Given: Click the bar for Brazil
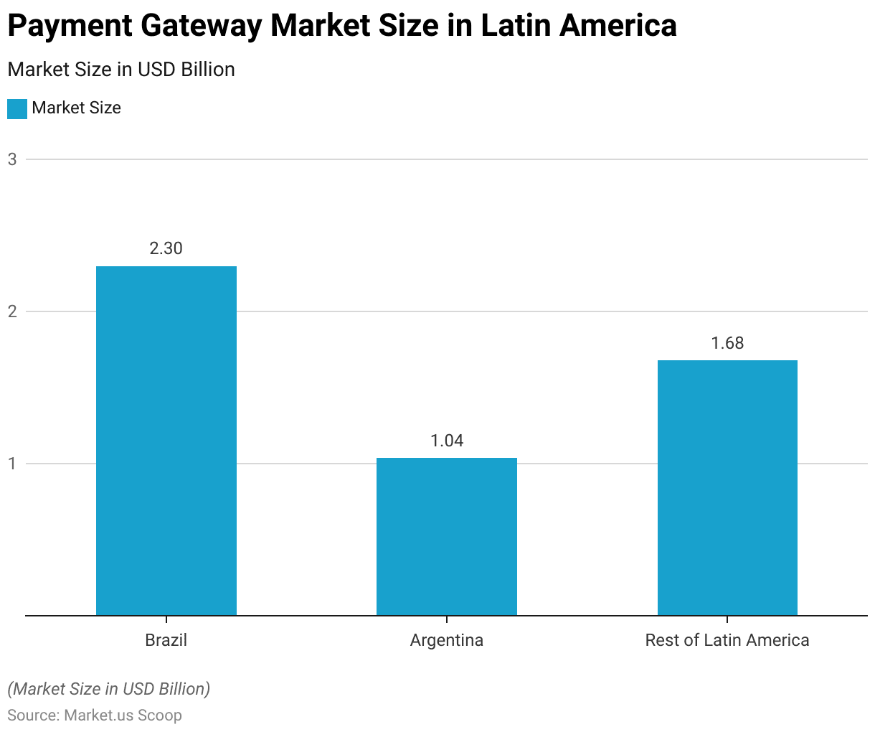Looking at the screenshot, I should (x=166, y=441).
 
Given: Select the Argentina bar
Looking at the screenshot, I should (x=447, y=536).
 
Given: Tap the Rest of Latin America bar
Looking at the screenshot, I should (x=727, y=487).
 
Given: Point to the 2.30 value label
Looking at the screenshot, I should (x=166, y=248).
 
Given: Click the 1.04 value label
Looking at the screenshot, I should (x=447, y=441).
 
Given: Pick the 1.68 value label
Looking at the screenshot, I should (x=727, y=343).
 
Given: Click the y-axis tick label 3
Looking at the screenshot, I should (x=12, y=159).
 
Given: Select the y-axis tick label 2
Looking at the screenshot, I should (x=12, y=311).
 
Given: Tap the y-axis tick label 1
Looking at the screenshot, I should (x=12, y=464).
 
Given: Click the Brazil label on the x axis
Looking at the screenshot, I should (x=166, y=640).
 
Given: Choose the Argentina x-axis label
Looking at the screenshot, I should (x=447, y=640).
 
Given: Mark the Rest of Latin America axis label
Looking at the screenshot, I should (x=727, y=640).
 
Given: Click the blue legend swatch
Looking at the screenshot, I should (x=17, y=108).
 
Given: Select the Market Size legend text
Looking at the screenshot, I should (x=77, y=108).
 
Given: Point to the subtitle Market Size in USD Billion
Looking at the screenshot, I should (x=121, y=70).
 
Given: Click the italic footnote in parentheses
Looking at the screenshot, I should (x=109, y=689).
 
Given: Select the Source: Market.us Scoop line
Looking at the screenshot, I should (x=95, y=715).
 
